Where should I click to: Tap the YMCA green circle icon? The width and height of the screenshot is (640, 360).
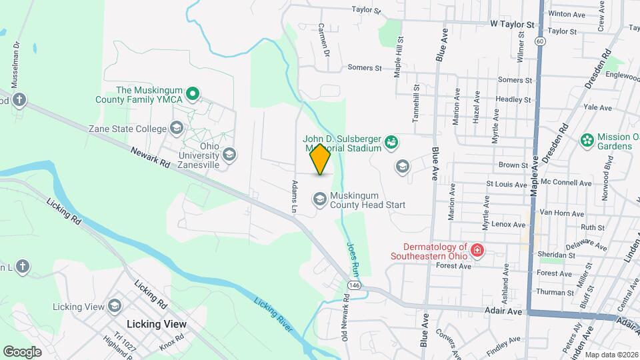[192, 94]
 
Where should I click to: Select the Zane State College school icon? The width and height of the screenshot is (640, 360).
[177, 127]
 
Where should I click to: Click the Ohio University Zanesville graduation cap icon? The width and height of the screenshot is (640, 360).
[229, 155]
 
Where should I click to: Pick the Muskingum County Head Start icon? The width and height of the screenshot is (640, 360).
[320, 199]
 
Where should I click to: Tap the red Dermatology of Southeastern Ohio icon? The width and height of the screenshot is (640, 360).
[477, 251]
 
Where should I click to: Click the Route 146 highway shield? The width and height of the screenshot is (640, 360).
[351, 285]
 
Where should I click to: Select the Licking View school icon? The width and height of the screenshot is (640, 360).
[115, 306]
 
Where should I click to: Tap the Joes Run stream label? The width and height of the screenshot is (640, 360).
[353, 259]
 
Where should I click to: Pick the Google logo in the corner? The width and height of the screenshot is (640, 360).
[22, 351]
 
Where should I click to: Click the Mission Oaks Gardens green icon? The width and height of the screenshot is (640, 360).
[587, 140]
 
